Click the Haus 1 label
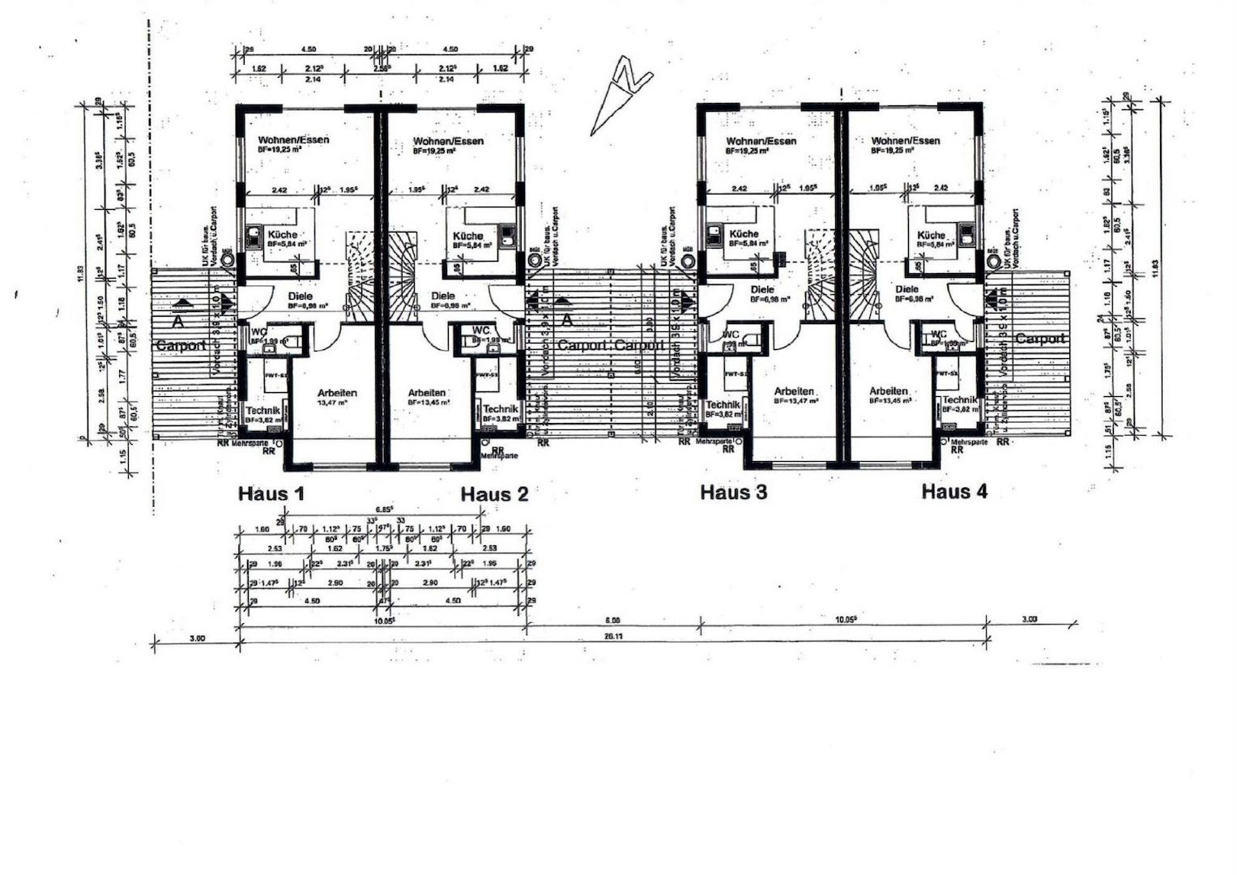(x=271, y=493)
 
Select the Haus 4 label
(x=954, y=491)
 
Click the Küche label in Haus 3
(x=744, y=234)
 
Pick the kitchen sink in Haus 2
(x=508, y=235)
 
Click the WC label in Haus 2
(x=481, y=331)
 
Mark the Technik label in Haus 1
(x=262, y=411)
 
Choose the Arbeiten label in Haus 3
(x=794, y=391)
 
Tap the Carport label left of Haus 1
(x=180, y=346)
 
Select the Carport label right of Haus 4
(x=1040, y=339)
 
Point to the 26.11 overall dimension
(x=613, y=637)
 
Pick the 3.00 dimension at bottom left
(x=197, y=638)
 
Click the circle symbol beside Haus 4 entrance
(x=994, y=260)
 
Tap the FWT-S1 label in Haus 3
(x=735, y=374)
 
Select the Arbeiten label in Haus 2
(x=427, y=393)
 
